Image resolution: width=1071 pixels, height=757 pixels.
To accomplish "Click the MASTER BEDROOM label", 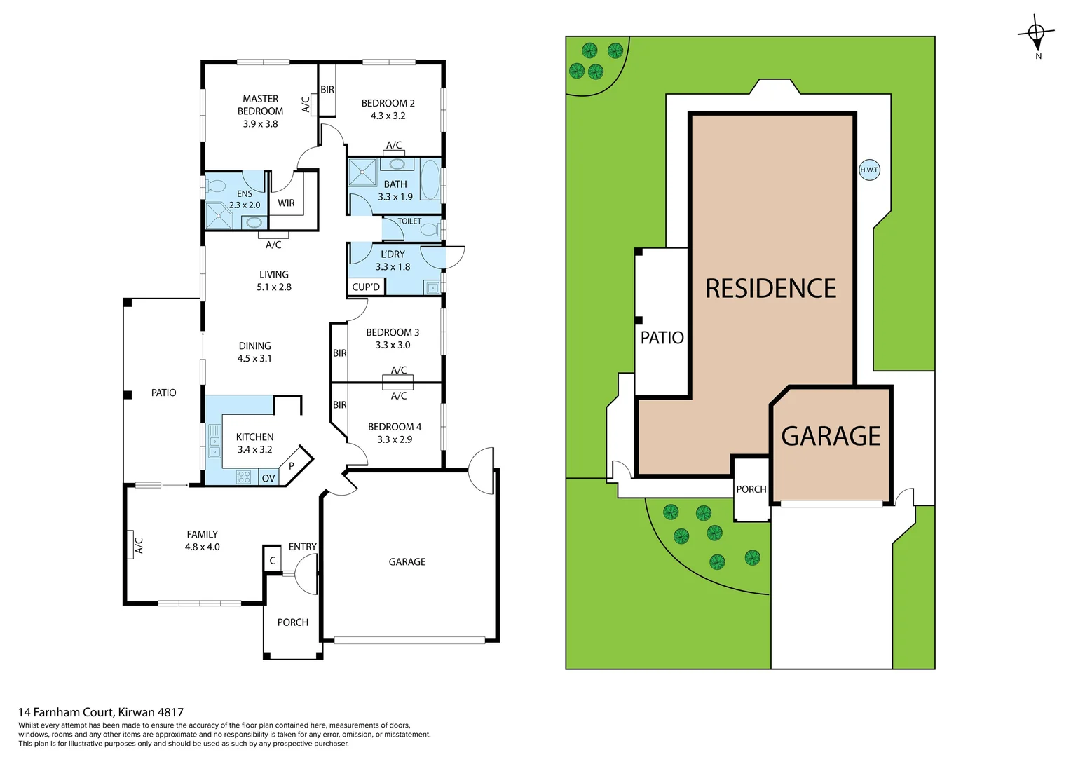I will click(x=260, y=105).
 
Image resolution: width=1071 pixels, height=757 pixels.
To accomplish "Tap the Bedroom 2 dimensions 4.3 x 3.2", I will click(x=388, y=116).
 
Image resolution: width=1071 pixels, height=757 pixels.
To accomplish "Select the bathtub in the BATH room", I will click(x=430, y=180).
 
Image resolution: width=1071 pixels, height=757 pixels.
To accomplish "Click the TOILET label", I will click(x=409, y=221).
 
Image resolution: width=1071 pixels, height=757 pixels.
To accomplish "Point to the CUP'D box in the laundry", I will click(x=366, y=287).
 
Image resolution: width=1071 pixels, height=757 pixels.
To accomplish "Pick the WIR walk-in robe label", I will click(x=286, y=203).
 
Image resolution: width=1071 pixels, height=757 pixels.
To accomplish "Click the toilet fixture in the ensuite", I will click(x=215, y=186).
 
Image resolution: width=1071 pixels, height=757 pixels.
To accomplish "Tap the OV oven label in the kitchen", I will click(x=268, y=478).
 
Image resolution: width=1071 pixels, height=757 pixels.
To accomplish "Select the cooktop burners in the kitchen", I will click(x=244, y=477).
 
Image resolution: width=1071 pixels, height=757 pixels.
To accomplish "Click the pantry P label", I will click(x=292, y=465).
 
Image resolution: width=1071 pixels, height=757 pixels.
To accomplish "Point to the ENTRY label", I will click(x=302, y=547).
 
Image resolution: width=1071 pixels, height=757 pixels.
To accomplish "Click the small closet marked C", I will click(x=273, y=560).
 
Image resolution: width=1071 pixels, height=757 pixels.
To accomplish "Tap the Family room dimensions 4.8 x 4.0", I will click(x=202, y=547).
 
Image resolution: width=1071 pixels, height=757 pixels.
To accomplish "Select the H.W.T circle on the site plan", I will click(x=869, y=170).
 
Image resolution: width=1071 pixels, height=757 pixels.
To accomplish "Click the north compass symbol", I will click(x=1036, y=33).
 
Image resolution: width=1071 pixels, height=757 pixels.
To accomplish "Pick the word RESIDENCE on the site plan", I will click(x=770, y=289).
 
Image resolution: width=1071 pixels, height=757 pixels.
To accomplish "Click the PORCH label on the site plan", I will click(x=751, y=489).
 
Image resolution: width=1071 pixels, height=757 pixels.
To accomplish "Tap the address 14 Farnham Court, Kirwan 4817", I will click(x=101, y=712).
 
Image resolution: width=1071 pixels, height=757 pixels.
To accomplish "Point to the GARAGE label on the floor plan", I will click(x=407, y=561).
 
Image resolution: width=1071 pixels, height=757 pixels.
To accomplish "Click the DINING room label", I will click(x=254, y=346).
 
